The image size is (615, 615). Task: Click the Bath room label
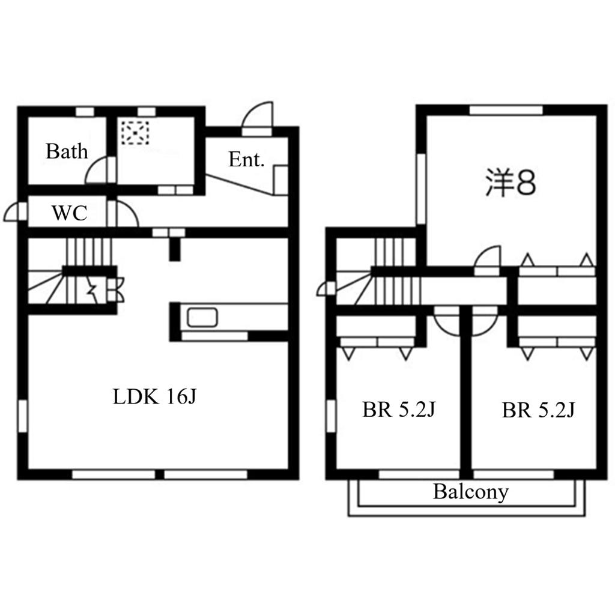[x=67, y=151]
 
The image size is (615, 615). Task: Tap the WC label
[x=70, y=213]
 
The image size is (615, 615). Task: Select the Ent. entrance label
[x=246, y=160]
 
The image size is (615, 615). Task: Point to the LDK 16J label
[x=154, y=396]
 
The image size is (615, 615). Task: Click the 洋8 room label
[x=510, y=183]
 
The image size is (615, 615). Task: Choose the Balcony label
[x=471, y=492]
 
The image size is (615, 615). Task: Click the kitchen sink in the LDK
[x=202, y=317]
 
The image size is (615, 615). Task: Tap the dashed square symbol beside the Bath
[x=135, y=133]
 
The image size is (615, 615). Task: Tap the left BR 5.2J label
[x=399, y=410]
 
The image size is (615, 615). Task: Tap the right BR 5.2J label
[x=539, y=410]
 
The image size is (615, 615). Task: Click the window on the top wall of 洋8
[x=506, y=111]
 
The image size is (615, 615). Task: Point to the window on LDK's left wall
[x=23, y=416]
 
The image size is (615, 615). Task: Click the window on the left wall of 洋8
[x=421, y=189]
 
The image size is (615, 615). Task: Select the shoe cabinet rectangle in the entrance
[x=281, y=180]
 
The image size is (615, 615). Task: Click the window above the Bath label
[x=85, y=112]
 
